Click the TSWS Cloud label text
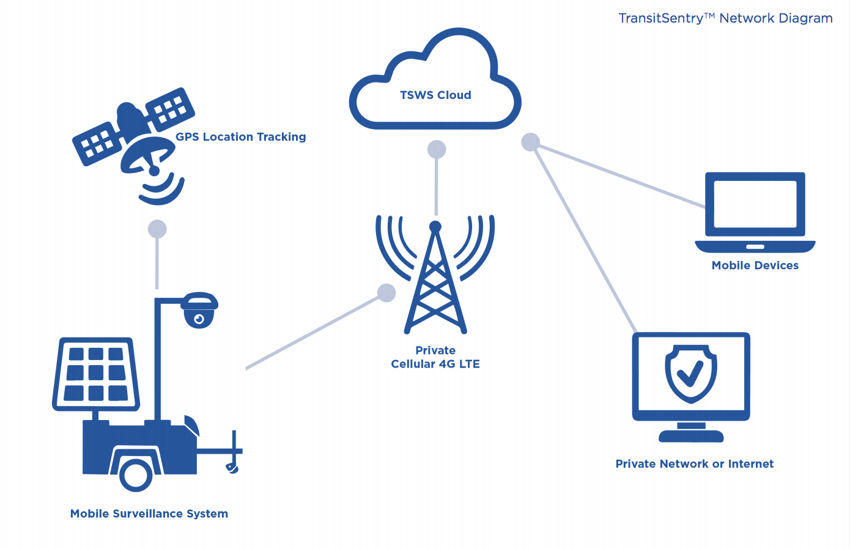click(435, 95)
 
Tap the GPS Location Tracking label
click(241, 137)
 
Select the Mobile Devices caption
click(755, 265)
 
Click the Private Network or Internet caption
click(694, 464)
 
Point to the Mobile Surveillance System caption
click(149, 514)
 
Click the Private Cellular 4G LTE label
click(435, 357)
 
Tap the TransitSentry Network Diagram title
click(725, 18)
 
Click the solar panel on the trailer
click(96, 372)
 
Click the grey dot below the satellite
click(157, 229)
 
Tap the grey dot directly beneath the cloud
click(437, 149)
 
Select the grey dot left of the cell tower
click(386, 293)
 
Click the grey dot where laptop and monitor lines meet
click(530, 142)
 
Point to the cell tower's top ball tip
click(435, 227)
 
